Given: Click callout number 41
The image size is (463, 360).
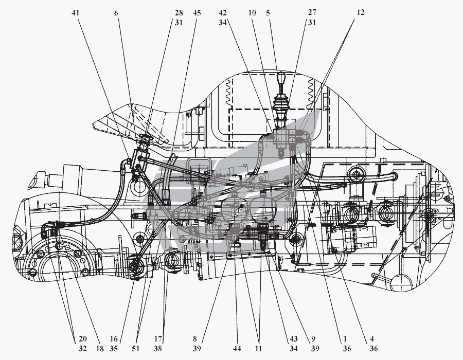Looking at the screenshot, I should pyautogui.click(x=76, y=12).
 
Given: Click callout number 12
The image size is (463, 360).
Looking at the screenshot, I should pyautogui.click(x=361, y=12).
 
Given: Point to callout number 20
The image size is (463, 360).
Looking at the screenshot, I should pyautogui.click(x=82, y=340).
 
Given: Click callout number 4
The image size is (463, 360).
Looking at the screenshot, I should pyautogui.click(x=367, y=340).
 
